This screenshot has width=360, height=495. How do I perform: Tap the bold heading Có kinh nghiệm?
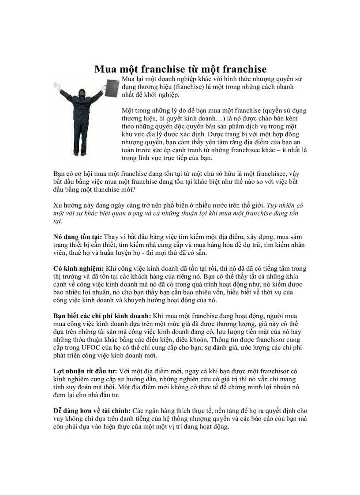[78, 268]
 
